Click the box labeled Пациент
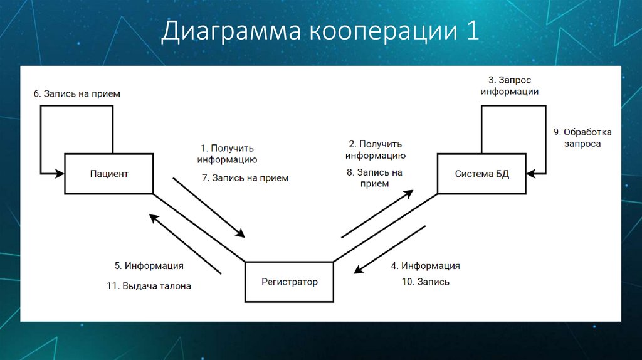(108, 174)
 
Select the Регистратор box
(289, 282)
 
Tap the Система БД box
(481, 174)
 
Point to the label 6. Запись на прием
(77, 93)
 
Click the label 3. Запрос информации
(510, 86)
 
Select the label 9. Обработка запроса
(582, 138)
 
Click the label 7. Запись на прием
(245, 178)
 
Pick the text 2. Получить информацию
(376, 150)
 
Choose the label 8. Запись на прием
(374, 178)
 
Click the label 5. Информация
(149, 266)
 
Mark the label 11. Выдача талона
(149, 285)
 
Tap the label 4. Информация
(426, 266)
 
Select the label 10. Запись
(425, 282)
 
